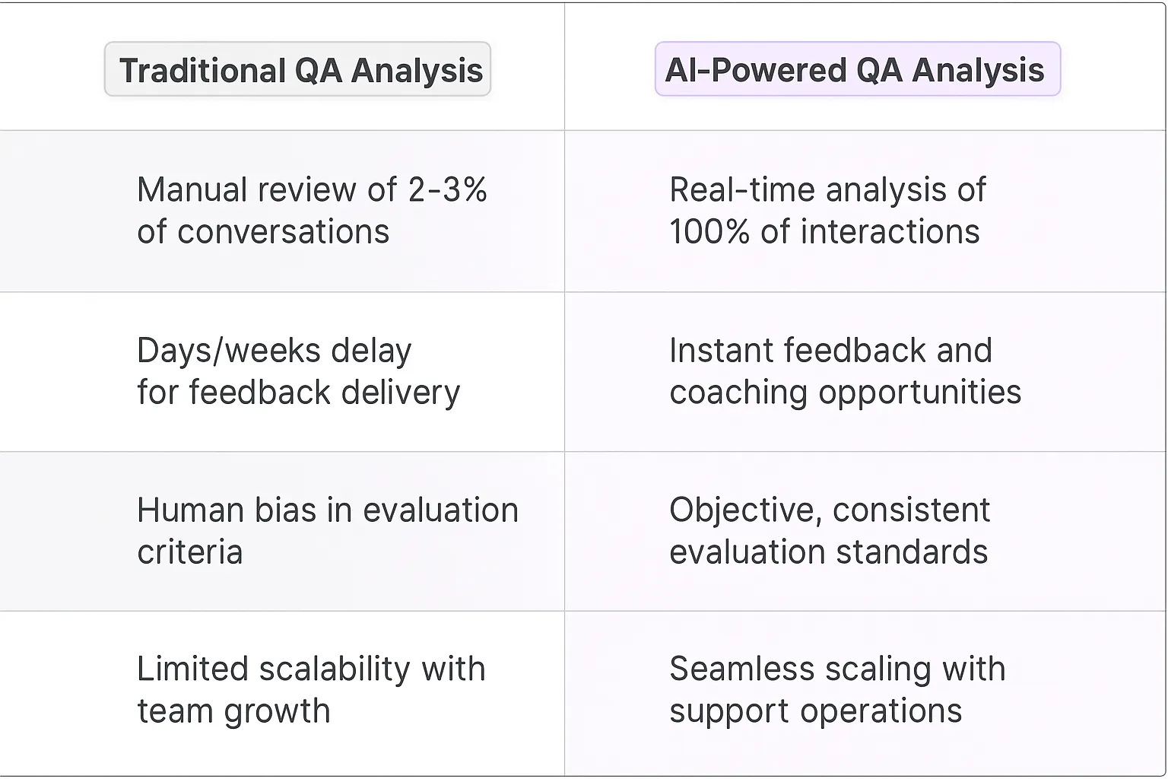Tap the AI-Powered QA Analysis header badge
[x=857, y=70]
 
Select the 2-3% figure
[x=447, y=190]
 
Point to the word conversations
[x=283, y=232]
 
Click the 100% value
[x=709, y=232]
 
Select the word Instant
[x=721, y=351]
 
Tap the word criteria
[x=189, y=552]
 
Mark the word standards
[x=912, y=552]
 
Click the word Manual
[x=191, y=190]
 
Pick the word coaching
[x=738, y=393]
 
